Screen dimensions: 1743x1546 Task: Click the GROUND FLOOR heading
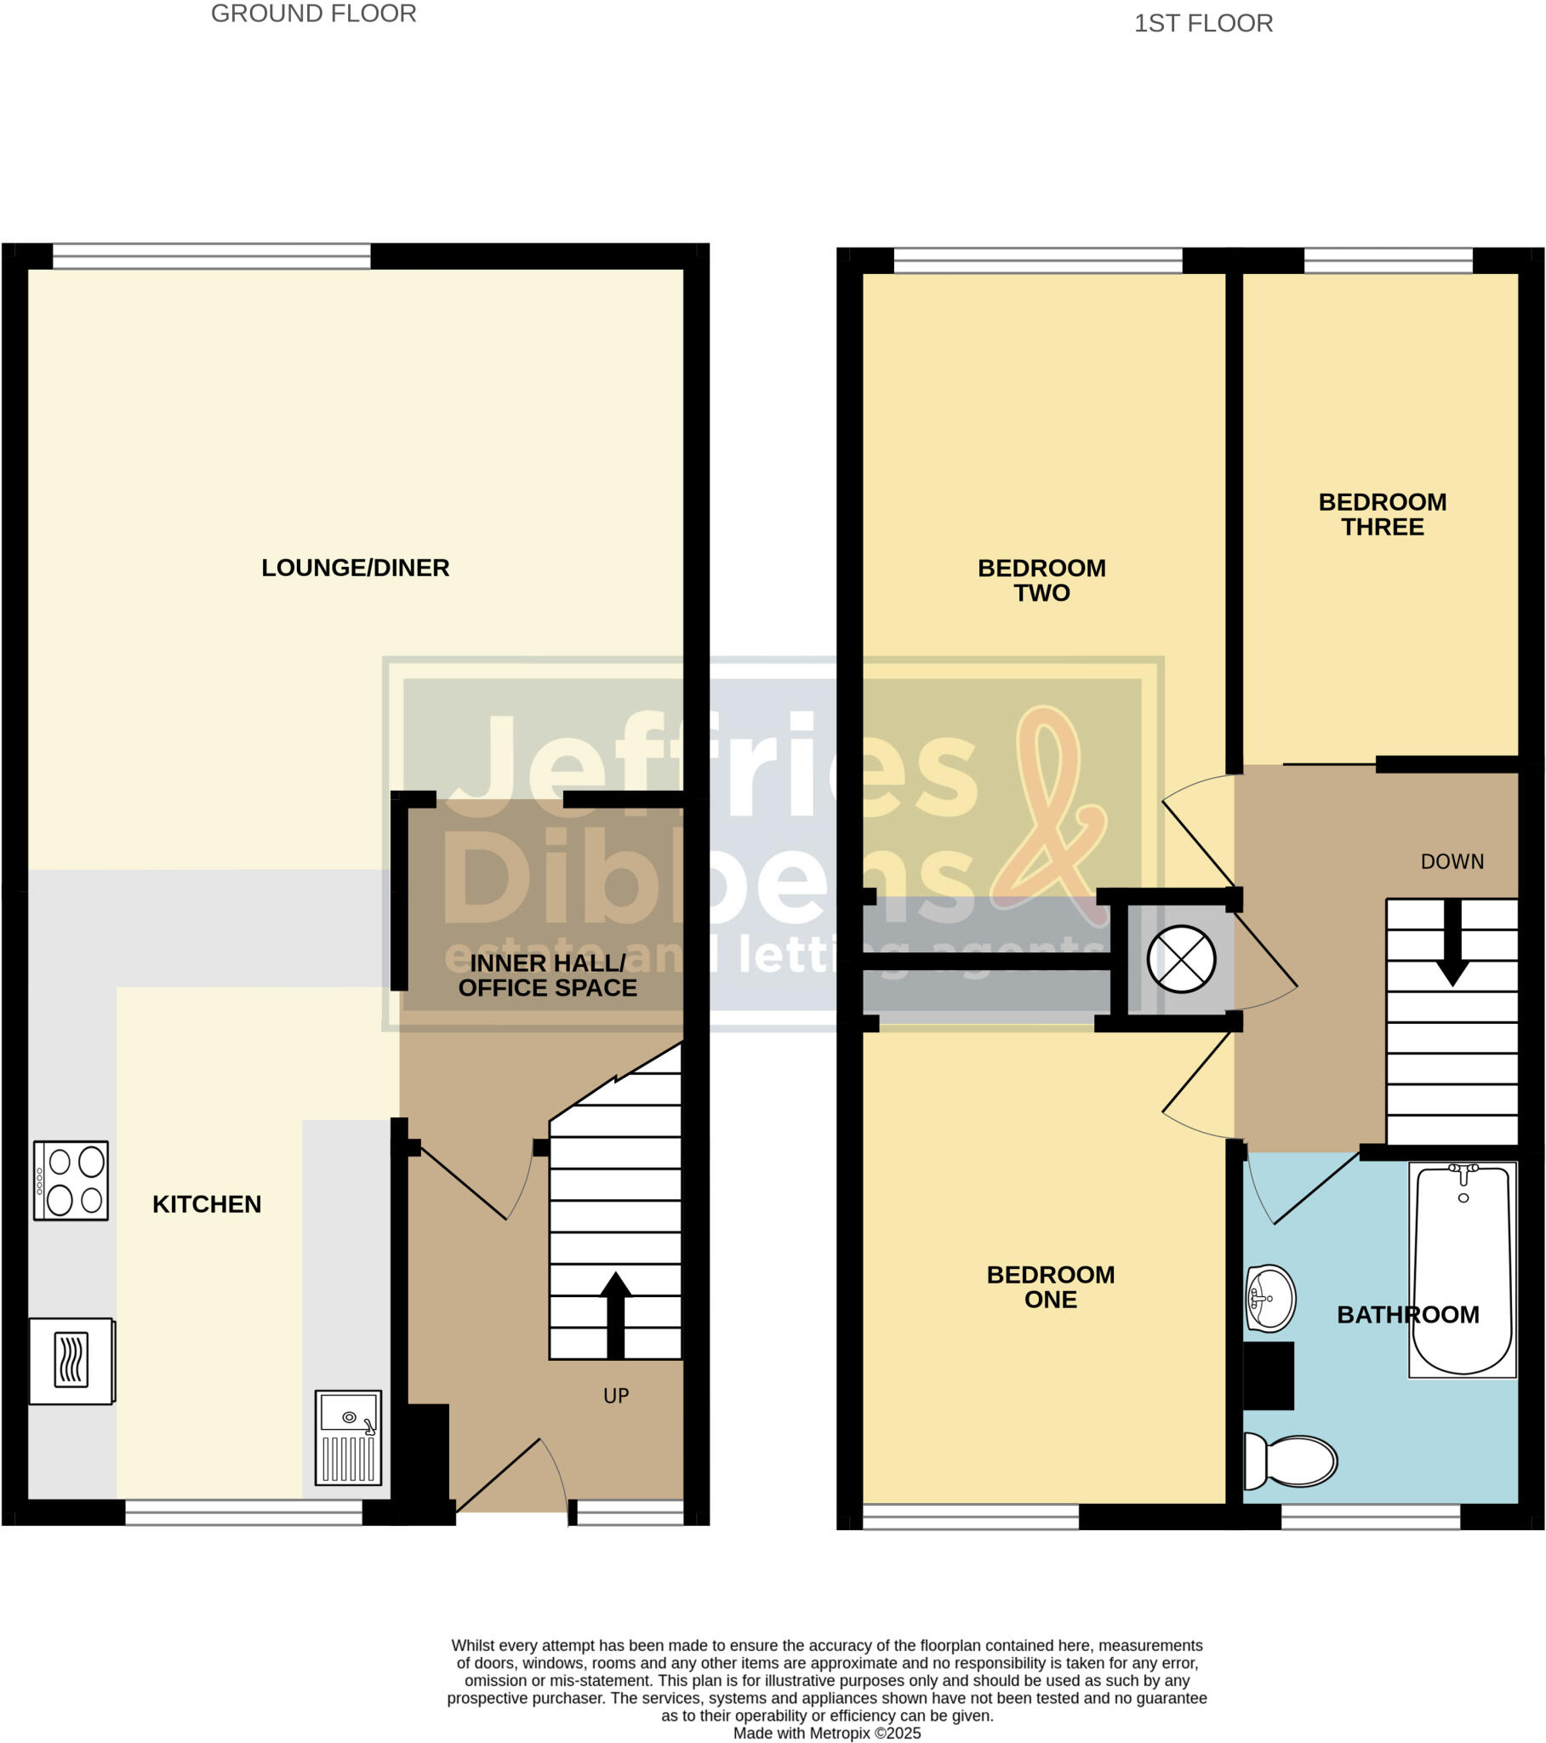(313, 14)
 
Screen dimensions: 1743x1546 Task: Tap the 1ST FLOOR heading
(1202, 23)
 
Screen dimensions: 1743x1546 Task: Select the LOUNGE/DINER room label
(355, 568)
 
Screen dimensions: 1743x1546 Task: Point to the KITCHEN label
(207, 1204)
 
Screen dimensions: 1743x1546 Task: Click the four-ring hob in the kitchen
(71, 1180)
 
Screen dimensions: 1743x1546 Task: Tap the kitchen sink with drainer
(348, 1437)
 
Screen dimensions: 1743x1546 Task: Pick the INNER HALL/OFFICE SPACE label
(546, 975)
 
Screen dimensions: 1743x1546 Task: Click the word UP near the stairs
(616, 1396)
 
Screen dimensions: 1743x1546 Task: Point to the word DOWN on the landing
(1452, 862)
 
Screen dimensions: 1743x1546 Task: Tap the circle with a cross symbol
(1180, 959)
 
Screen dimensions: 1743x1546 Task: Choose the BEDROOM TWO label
(1041, 580)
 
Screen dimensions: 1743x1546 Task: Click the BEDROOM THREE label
(1382, 514)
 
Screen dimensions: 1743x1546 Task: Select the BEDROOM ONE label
(1050, 1287)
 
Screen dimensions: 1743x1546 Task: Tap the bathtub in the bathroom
(1462, 1269)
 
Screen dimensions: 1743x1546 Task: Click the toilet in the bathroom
(1291, 1460)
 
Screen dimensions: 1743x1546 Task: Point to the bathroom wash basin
(1269, 1298)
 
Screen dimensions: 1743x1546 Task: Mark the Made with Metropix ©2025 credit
(826, 1733)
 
